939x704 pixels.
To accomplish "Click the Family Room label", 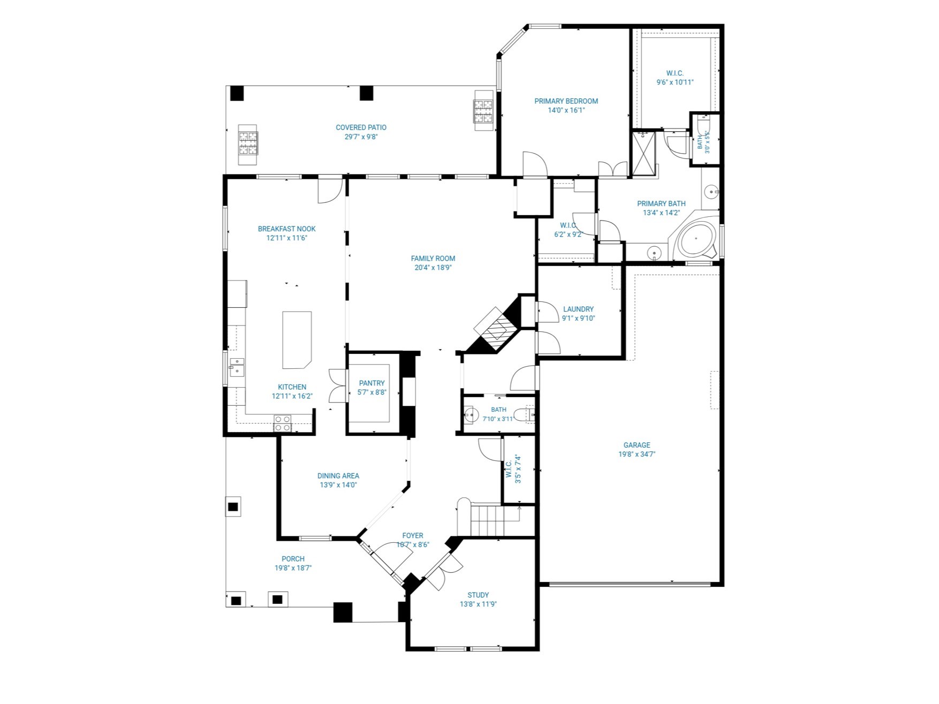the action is tap(433, 259).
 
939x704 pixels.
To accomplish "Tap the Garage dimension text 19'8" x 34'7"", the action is tap(637, 455).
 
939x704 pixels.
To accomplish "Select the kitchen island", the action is tap(297, 340).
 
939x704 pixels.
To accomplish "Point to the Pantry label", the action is tap(372, 383).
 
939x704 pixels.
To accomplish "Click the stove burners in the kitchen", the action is tap(282, 423).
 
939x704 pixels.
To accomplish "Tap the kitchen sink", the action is tap(237, 368).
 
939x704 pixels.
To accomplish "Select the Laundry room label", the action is tap(578, 309).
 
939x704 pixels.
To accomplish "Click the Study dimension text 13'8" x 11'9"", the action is tap(478, 604).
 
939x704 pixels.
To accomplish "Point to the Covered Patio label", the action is tap(361, 127).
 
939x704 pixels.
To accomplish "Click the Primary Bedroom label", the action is tap(566, 101).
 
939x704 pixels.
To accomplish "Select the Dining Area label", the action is tap(338, 476).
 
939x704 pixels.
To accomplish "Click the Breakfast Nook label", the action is tap(286, 229).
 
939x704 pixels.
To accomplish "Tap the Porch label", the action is tap(293, 559).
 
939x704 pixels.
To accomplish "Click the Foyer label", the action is tap(413, 535).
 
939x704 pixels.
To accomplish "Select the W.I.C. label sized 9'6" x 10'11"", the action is tap(675, 73).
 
